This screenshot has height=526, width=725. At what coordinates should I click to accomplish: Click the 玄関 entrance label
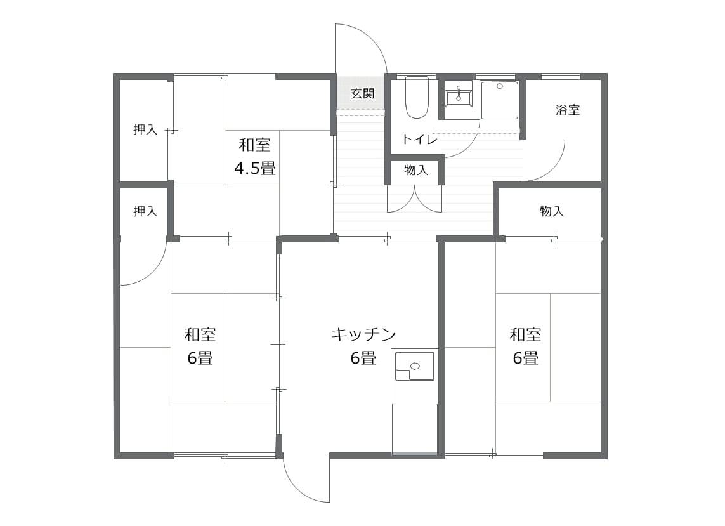(362, 93)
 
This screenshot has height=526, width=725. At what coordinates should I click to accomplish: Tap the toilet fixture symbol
(417, 97)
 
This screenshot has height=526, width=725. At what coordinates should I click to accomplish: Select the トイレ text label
(420, 139)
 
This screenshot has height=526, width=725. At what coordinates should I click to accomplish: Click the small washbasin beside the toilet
(459, 95)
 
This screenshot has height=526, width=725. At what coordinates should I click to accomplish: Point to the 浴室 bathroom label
(567, 110)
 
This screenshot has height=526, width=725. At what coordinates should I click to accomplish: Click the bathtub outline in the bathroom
(499, 100)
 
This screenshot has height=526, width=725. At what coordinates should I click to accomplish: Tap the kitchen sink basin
(414, 365)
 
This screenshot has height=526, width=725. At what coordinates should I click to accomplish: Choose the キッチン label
(363, 334)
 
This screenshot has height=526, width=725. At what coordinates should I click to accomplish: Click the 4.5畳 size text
(255, 168)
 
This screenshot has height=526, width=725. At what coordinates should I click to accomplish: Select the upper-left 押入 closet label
(145, 129)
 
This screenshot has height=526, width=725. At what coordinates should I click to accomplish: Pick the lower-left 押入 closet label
(145, 211)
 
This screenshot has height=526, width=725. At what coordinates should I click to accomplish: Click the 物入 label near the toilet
(416, 170)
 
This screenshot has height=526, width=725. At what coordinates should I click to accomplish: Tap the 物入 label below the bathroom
(552, 211)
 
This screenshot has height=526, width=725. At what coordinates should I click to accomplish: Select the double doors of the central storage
(415, 199)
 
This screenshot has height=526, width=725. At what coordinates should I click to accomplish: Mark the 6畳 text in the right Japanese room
(525, 358)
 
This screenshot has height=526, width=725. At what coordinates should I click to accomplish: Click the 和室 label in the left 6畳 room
(200, 334)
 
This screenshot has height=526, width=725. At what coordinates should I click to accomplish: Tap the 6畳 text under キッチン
(363, 358)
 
